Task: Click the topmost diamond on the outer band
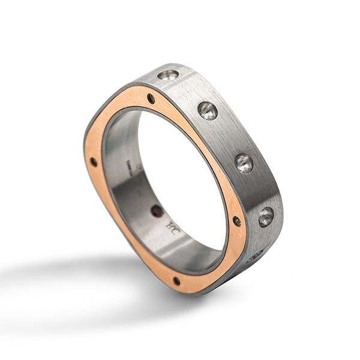168,75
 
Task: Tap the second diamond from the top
207,110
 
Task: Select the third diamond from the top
244,163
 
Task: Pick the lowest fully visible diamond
266,216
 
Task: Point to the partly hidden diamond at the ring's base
254,257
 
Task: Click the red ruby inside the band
157,211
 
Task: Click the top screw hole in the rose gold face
151,98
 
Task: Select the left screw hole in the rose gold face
94,162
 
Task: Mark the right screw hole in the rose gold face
236,221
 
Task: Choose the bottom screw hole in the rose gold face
176,281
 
